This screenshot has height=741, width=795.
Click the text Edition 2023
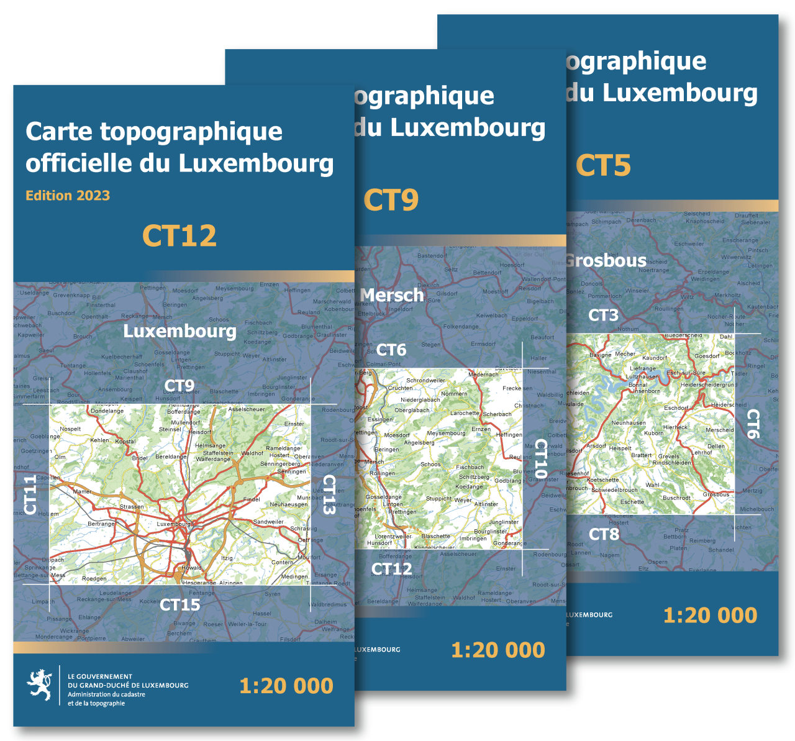click(68, 196)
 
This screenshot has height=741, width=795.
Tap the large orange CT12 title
click(179, 236)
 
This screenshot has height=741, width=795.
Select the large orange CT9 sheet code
click(391, 200)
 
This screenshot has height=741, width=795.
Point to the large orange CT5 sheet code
click(603, 165)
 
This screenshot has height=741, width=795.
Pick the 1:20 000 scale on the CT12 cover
click(286, 686)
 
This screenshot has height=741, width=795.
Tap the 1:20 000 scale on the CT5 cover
click(710, 616)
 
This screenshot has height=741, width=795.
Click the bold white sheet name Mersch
click(393, 295)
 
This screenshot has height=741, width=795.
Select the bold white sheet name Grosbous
click(606, 260)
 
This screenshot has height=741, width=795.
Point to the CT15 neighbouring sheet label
click(180, 605)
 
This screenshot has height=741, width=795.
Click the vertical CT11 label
click(30, 494)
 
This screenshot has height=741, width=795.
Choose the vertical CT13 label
click(329, 495)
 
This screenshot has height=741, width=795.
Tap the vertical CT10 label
click(541, 458)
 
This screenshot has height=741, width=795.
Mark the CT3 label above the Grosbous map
click(603, 316)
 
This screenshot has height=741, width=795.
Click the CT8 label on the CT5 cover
click(604, 534)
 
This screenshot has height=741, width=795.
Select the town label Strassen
click(132, 507)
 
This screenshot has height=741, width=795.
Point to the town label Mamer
click(82, 491)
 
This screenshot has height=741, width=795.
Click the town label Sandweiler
click(268, 522)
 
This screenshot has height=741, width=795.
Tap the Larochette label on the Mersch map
click(465, 413)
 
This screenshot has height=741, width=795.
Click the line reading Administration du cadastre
click(106, 694)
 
